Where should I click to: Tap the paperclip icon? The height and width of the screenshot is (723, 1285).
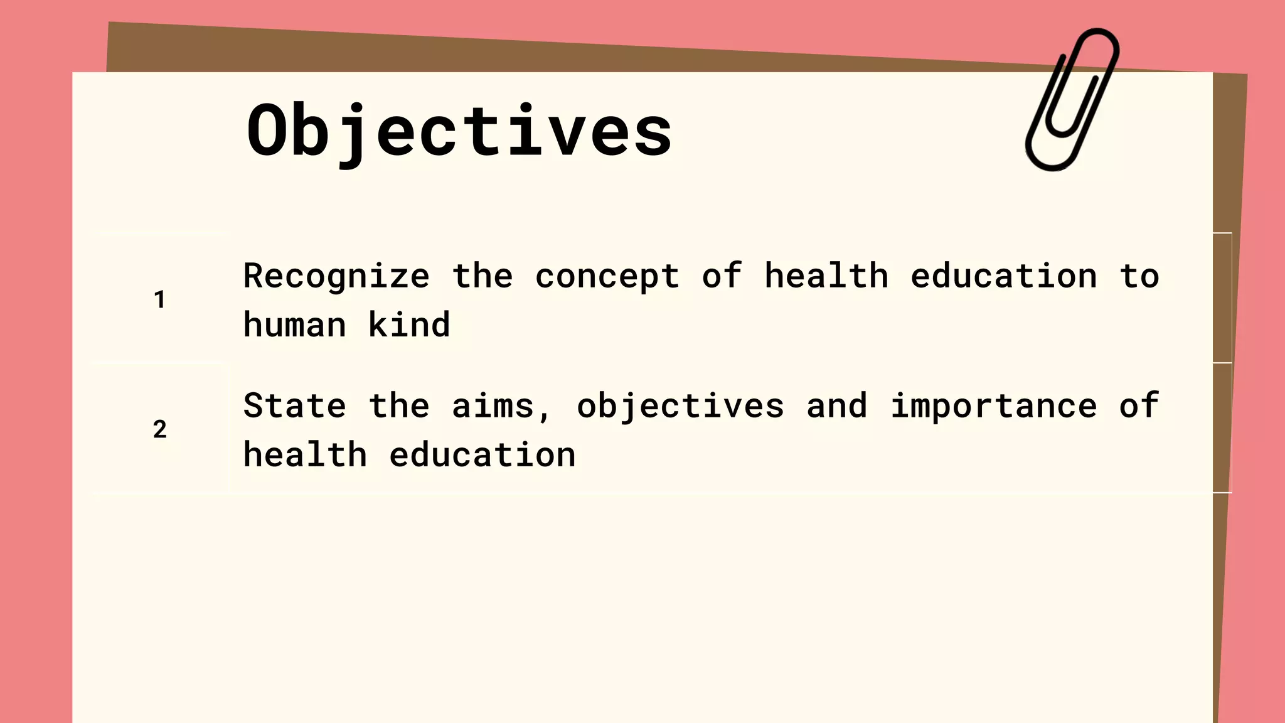point(1071,99)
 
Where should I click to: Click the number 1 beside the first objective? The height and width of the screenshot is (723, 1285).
point(159,299)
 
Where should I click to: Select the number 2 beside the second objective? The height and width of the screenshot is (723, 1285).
point(159,429)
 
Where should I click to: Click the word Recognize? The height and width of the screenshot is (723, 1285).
point(336,276)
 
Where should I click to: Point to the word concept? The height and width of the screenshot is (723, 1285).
point(607,276)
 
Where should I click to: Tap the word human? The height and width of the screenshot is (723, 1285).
point(294,325)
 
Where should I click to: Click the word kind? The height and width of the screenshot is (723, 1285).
point(408,325)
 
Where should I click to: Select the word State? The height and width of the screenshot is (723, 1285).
point(294,406)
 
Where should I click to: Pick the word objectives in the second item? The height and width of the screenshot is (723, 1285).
point(680,406)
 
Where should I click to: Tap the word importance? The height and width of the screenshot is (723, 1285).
point(993,406)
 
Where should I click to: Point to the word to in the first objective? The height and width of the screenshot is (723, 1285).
point(1139,276)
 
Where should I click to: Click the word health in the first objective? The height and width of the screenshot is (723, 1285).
point(826,276)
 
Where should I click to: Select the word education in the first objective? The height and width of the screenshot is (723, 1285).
point(1003,276)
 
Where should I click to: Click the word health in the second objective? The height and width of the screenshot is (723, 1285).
point(305,455)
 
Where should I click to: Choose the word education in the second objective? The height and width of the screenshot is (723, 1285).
point(482,455)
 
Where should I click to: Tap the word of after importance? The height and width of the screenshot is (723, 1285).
point(1139,406)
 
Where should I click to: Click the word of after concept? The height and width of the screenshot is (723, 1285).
point(722,276)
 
